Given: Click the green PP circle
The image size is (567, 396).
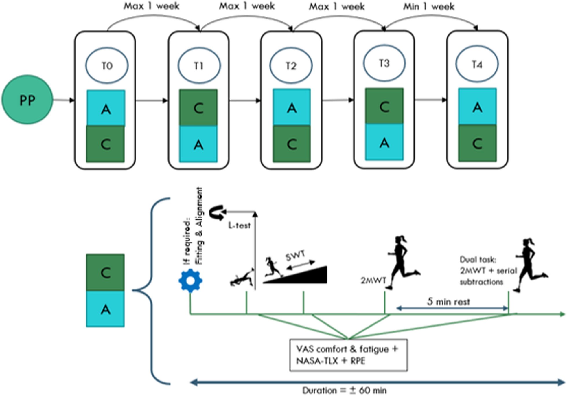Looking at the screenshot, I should tap(27, 100).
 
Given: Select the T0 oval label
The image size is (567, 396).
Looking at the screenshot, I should tap(107, 66).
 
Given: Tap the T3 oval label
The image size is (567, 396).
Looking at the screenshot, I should tap(384, 63).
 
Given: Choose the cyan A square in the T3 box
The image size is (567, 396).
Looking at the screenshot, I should tap(384, 142).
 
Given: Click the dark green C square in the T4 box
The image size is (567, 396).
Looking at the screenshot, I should tap(477, 143).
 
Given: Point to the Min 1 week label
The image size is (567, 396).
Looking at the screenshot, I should tap(429, 6).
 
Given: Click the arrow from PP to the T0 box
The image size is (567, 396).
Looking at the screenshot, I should tap(64, 100).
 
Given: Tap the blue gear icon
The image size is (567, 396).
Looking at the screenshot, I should tap(190, 280).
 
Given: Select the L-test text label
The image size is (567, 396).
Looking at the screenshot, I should tap(239, 225).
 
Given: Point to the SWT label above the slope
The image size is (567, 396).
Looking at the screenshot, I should tap(295, 256).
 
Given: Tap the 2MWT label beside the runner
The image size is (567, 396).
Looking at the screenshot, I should tap(373, 280).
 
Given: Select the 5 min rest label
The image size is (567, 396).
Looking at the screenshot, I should tap(448, 302).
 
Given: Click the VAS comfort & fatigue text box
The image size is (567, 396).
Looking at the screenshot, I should tap(348, 355).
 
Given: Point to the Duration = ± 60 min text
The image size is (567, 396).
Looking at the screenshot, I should tap(344, 390).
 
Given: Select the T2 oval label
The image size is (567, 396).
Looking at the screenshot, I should tap(291, 66).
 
